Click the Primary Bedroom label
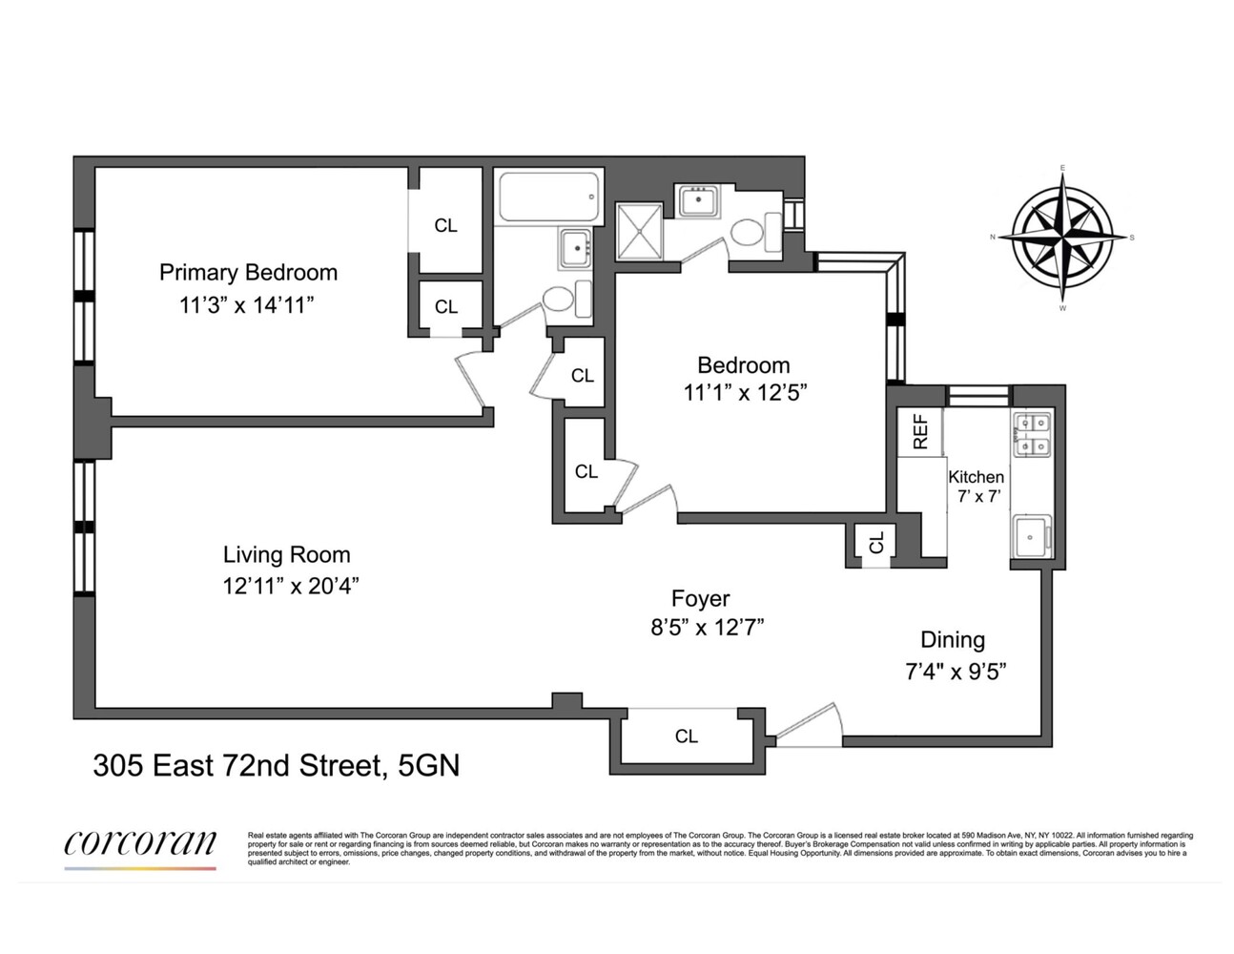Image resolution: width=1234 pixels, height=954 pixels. pos(248,273)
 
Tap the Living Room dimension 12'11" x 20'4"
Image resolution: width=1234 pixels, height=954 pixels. pos(286,586)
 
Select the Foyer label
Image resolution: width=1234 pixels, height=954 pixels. pos(700,598)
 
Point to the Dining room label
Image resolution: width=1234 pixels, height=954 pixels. pos(952,640)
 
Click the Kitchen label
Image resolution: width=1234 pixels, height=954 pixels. pos(976,477)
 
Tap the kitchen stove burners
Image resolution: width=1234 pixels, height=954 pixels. pos(1031,433)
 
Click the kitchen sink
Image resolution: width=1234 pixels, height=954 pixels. pos(1031,536)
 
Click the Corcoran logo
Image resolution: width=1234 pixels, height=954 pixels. pos(140,844)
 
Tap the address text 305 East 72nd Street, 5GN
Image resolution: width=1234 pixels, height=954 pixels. pos(276,765)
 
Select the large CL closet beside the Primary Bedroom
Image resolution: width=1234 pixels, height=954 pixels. pos(445,225)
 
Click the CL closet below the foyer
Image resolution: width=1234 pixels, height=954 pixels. pos(686,736)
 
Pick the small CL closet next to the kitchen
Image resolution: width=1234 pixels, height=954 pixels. pos(875,543)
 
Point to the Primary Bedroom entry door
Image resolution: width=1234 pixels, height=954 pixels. pos(473,380)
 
